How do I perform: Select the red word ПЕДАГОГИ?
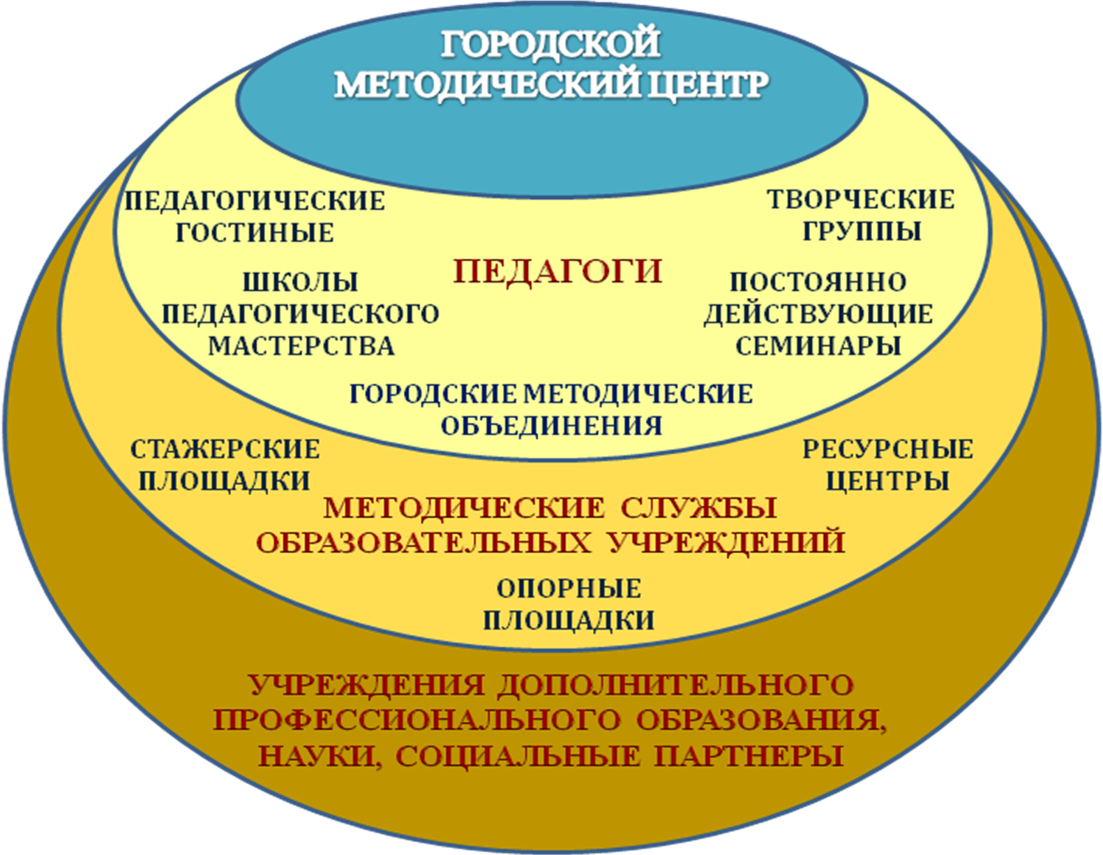pos(557,271)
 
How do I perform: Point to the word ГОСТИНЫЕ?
pos(255,232)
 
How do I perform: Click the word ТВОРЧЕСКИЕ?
pos(861,200)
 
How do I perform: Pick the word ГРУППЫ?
pos(862,231)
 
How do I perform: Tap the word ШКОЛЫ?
pos(300,282)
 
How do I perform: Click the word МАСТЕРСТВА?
pos(301,345)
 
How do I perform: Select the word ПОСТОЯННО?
pos(818,282)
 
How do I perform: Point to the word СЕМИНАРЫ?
pos(818,345)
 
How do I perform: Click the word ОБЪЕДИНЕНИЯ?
pos(551,425)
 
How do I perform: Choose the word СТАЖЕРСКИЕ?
pos(225,449)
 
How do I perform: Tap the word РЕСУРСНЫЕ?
pos(887,449)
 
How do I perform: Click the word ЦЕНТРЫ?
pos(887,481)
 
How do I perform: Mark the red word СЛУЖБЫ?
pos(698,507)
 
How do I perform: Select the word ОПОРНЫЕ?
pos(569,588)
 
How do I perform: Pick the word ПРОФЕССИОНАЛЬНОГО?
pos(417,720)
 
